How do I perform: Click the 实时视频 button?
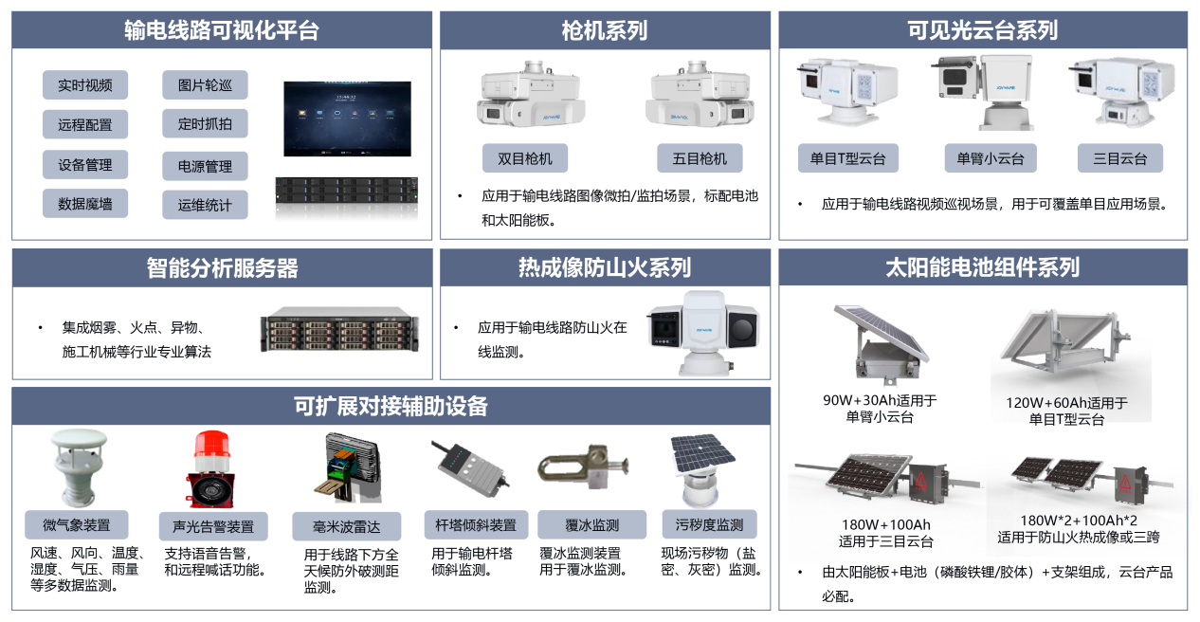pyautogui.click(x=85, y=84)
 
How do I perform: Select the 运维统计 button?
pyautogui.click(x=205, y=205)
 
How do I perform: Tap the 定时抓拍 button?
pyautogui.click(x=205, y=124)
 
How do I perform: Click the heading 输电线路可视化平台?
pyautogui.click(x=222, y=30)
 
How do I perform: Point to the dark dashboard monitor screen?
pyautogui.click(x=347, y=119)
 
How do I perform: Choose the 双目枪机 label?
pyautogui.click(x=524, y=158)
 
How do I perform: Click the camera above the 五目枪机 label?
pyautogui.click(x=700, y=95)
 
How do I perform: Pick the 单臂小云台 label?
pyautogui.click(x=990, y=158)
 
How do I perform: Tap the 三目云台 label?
pyautogui.click(x=1119, y=158)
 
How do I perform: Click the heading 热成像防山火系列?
pyautogui.click(x=605, y=267)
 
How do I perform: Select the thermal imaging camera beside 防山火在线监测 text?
pyautogui.click(x=703, y=333)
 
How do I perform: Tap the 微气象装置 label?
pyautogui.click(x=77, y=524)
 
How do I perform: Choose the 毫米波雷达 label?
pyautogui.click(x=346, y=526)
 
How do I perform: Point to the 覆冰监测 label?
pyautogui.click(x=592, y=524)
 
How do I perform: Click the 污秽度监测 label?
pyautogui.click(x=709, y=524)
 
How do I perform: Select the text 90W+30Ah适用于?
pyautogui.click(x=880, y=400)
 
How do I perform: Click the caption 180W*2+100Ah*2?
pyautogui.click(x=1078, y=521)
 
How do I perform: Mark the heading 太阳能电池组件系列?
pyautogui.click(x=983, y=267)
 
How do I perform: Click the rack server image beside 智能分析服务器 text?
pyautogui.click(x=339, y=329)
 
